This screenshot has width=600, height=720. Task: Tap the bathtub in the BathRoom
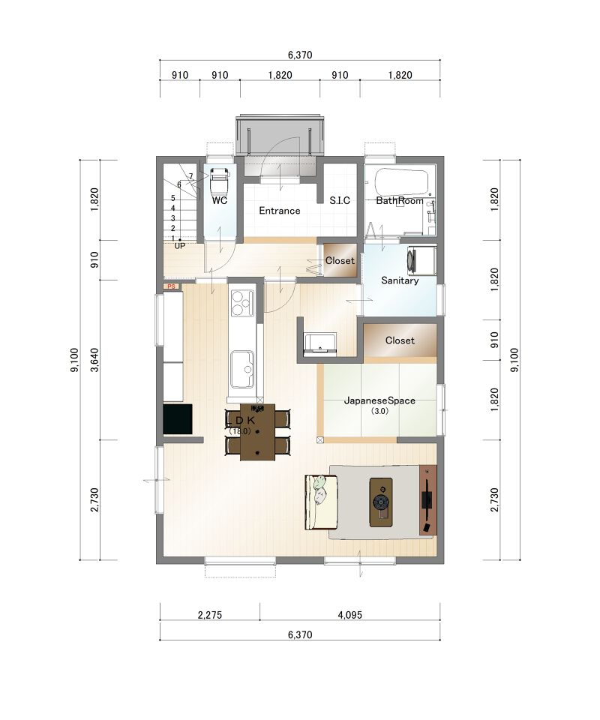coord(402,182)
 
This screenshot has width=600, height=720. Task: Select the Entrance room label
coord(279,211)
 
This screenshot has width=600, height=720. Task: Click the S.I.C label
coord(340,201)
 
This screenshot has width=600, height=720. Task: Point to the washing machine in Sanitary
coord(421,260)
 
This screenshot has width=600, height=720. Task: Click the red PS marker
coord(171,286)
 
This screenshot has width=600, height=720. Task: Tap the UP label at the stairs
coord(179,246)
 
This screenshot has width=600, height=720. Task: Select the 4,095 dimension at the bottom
coord(349,614)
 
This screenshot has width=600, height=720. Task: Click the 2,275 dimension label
coord(210,614)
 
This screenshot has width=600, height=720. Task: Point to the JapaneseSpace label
coord(379,400)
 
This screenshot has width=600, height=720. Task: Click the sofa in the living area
coord(321,502)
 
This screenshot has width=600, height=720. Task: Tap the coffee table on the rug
coord(381,502)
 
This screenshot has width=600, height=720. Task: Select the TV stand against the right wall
coord(427,500)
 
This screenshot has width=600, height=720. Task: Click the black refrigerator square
coord(178,418)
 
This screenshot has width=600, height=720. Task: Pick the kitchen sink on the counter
coord(242,369)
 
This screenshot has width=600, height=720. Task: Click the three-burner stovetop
coord(242,303)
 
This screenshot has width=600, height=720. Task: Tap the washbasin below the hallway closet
coord(320,343)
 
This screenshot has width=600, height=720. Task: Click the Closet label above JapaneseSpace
coord(400,340)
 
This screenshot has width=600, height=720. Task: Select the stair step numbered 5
coord(173,198)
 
